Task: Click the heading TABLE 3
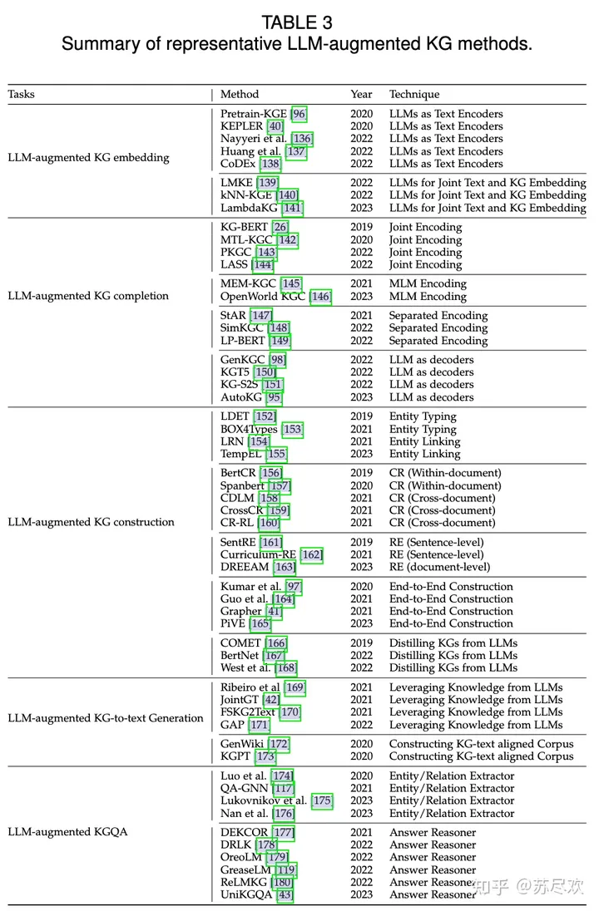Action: pyautogui.click(x=297, y=22)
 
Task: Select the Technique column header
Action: pyautogui.click(x=414, y=95)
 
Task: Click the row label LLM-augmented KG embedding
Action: pyautogui.click(x=88, y=157)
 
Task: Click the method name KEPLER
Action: pyautogui.click(x=241, y=126)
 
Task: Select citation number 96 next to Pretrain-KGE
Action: pyautogui.click(x=299, y=114)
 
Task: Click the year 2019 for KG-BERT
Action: pyautogui.click(x=362, y=227)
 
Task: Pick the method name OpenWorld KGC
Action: pyautogui.click(x=264, y=296)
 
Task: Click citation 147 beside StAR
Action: pyautogui.click(x=261, y=316)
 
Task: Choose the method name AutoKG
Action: pyautogui.click(x=241, y=397)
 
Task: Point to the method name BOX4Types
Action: pyautogui.click(x=249, y=430)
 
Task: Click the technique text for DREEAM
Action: pyautogui.click(x=439, y=567)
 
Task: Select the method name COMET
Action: pyautogui.click(x=241, y=643)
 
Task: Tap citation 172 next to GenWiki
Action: pyautogui.click(x=279, y=744)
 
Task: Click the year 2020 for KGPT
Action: pyautogui.click(x=362, y=756)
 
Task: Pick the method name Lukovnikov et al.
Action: pyautogui.click(x=264, y=801)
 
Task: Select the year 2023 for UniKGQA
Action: pyautogui.click(x=362, y=894)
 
